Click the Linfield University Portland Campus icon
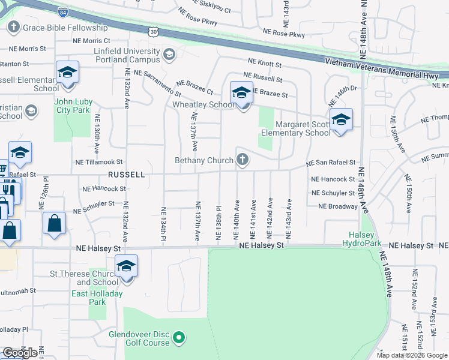click(169, 55)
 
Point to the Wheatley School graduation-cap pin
click(241, 92)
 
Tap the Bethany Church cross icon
click(243, 160)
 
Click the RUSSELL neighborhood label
click(126, 175)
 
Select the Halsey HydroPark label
click(361, 239)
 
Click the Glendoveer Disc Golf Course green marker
click(178, 339)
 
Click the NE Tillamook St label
click(99, 162)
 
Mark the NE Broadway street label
click(338, 206)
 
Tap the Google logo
click(20, 353)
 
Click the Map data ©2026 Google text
click(411, 355)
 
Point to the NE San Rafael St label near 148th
click(331, 163)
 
